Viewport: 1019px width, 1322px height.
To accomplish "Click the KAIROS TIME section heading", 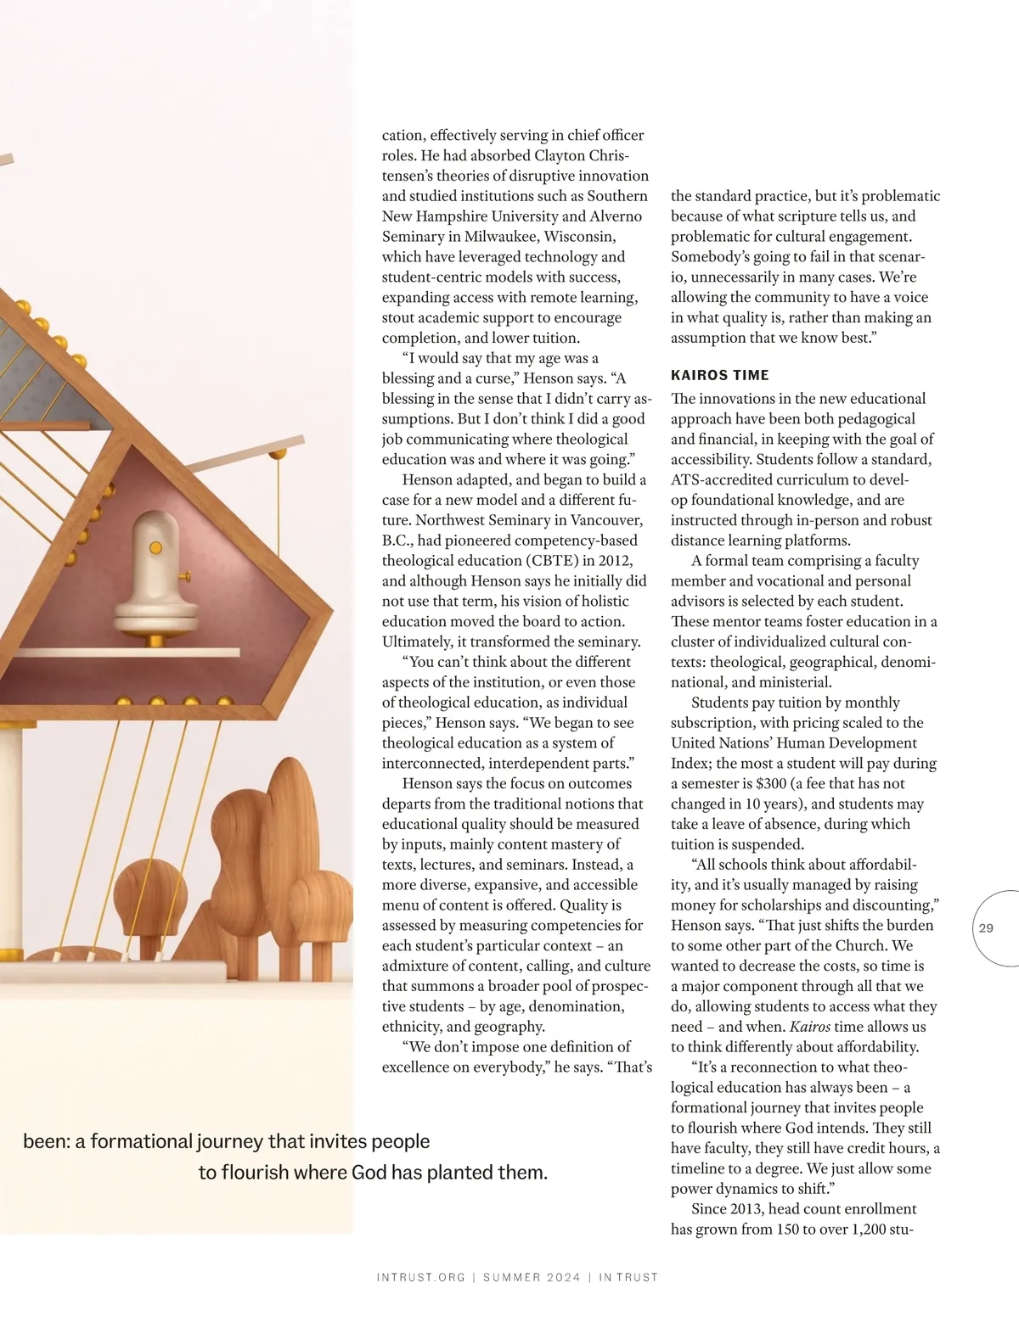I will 719,375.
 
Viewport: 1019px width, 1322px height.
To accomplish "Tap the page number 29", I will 986,928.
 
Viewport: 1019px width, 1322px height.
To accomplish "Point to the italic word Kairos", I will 809,1027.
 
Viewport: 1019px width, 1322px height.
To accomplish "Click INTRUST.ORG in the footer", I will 420,1277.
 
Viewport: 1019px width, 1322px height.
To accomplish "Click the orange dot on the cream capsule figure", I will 155,547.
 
